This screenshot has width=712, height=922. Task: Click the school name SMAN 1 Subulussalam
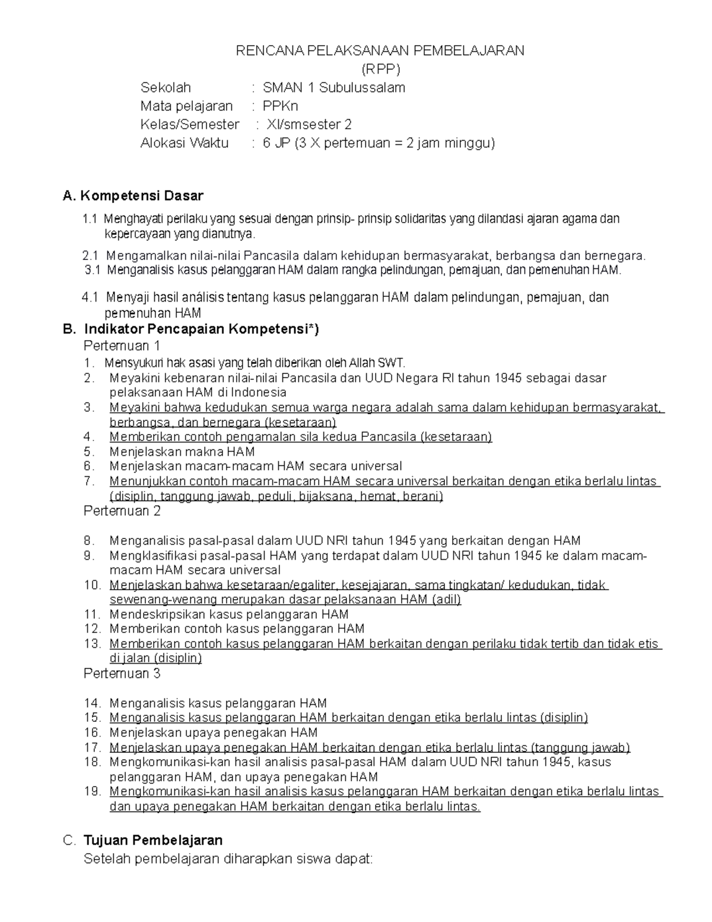pos(333,88)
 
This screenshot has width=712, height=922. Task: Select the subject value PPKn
pos(280,106)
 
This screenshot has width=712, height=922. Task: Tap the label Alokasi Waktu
pos(184,143)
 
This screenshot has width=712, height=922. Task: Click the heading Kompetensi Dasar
pos(142,196)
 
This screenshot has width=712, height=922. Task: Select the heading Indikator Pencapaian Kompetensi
pos(201,329)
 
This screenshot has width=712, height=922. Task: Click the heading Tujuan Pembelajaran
pos(153,840)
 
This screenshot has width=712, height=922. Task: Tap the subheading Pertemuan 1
pos(122,346)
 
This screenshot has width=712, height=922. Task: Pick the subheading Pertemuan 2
pos(122,511)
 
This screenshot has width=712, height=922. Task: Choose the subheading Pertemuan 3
pos(122,674)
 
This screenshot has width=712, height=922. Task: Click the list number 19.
pos(92,791)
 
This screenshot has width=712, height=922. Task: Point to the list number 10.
pos(92,585)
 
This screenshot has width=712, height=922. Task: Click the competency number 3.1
pos(93,270)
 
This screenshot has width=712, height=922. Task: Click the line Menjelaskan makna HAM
pos(182,452)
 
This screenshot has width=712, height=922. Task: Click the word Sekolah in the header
pos(166,88)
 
